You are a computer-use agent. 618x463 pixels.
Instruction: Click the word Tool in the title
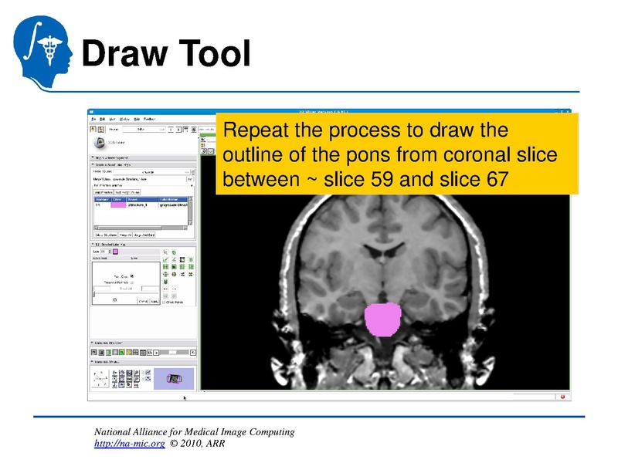(x=215, y=54)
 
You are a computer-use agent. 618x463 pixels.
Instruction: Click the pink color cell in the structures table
(x=118, y=205)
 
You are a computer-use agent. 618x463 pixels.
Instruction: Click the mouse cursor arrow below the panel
(x=184, y=397)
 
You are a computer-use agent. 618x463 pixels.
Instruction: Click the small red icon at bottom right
(x=562, y=397)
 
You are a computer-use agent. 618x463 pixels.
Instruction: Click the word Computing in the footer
(x=269, y=431)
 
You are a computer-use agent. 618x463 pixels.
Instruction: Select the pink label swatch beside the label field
(x=115, y=252)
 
